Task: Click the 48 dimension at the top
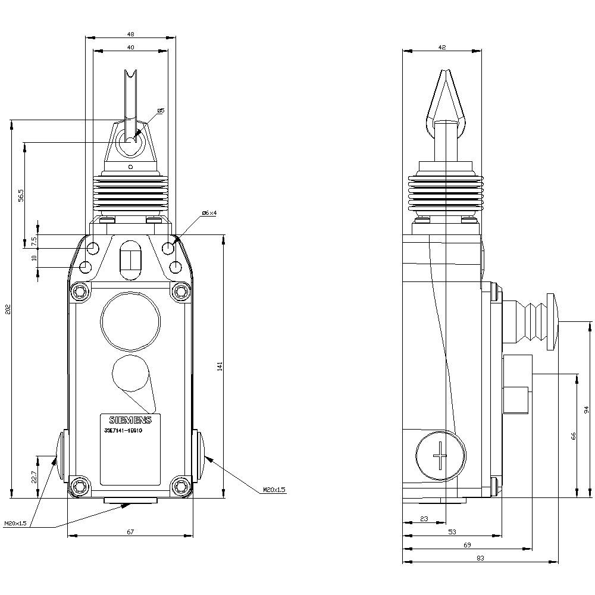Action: pos(130,33)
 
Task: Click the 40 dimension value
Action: pos(130,47)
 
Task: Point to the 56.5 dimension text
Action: pos(20,195)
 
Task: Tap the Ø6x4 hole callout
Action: pos(209,213)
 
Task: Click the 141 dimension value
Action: pos(220,367)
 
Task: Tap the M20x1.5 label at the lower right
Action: pos(274,490)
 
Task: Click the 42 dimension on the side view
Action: pos(441,47)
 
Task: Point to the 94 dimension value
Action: pos(586,409)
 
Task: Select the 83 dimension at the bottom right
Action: pos(480,558)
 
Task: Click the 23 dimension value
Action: pos(424,519)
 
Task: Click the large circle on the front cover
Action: pos(130,321)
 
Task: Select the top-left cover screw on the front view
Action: pos(79,291)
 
